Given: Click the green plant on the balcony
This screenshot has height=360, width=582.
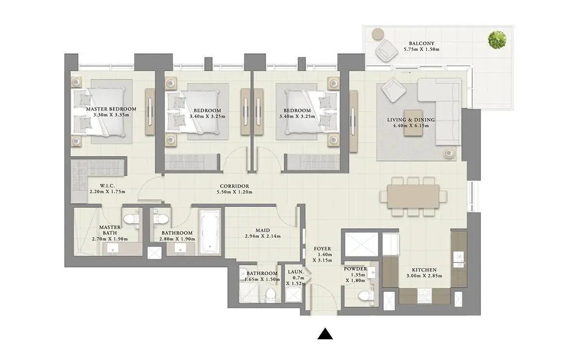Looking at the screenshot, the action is (497, 40).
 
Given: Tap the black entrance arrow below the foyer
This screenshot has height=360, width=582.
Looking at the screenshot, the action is (325, 333).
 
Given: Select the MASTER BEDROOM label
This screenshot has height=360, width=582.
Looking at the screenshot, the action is (111, 109).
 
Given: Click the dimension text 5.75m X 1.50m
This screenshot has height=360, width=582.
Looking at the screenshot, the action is (421, 49).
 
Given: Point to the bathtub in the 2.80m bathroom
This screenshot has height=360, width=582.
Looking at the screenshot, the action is (210, 231).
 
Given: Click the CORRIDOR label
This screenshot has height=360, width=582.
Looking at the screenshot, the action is (234, 186).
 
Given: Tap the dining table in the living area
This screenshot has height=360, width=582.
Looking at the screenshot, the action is (413, 196).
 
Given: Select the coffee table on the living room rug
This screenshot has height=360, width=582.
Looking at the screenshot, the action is (413, 123).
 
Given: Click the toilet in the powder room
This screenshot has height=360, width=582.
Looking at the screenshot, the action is (366, 296).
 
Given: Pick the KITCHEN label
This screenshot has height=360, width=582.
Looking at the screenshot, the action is (424, 270).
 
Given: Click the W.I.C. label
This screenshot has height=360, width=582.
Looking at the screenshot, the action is (107, 186).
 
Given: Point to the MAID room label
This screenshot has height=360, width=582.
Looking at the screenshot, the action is (263, 230).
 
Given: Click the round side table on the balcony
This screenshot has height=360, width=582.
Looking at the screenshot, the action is (378, 34).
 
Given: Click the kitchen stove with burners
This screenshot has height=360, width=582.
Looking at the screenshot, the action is (424, 295).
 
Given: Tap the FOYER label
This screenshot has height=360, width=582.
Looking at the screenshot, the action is (323, 249).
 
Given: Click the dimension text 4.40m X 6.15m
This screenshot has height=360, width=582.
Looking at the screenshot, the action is (411, 126).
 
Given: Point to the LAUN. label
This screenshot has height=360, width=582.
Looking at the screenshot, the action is (296, 272).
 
